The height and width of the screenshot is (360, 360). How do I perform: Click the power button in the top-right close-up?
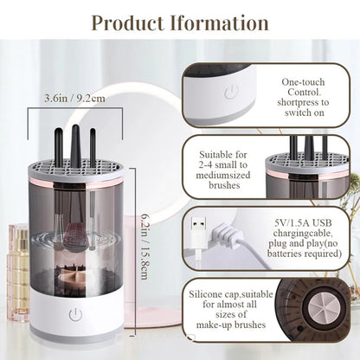(x=231, y=93)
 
